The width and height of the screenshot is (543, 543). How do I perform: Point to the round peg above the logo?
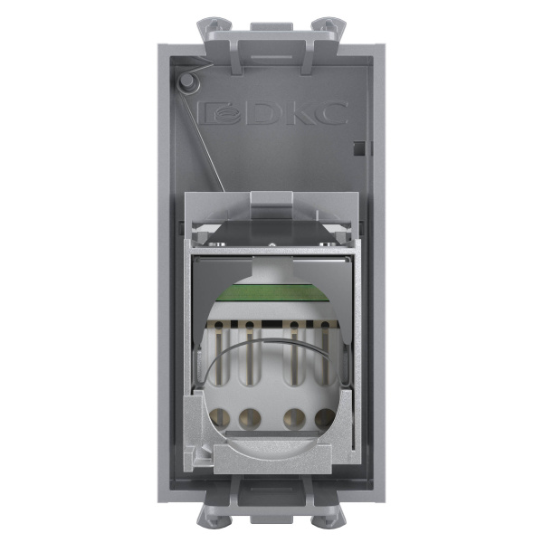point(187,81)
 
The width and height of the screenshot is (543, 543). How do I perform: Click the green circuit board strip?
point(271,291)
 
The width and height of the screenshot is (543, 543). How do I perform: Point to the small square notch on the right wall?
point(359,146)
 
